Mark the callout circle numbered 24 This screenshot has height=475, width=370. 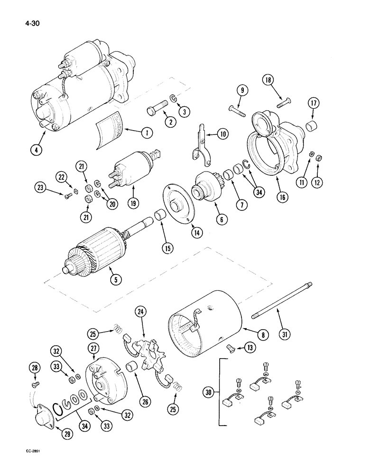click(140, 312)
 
